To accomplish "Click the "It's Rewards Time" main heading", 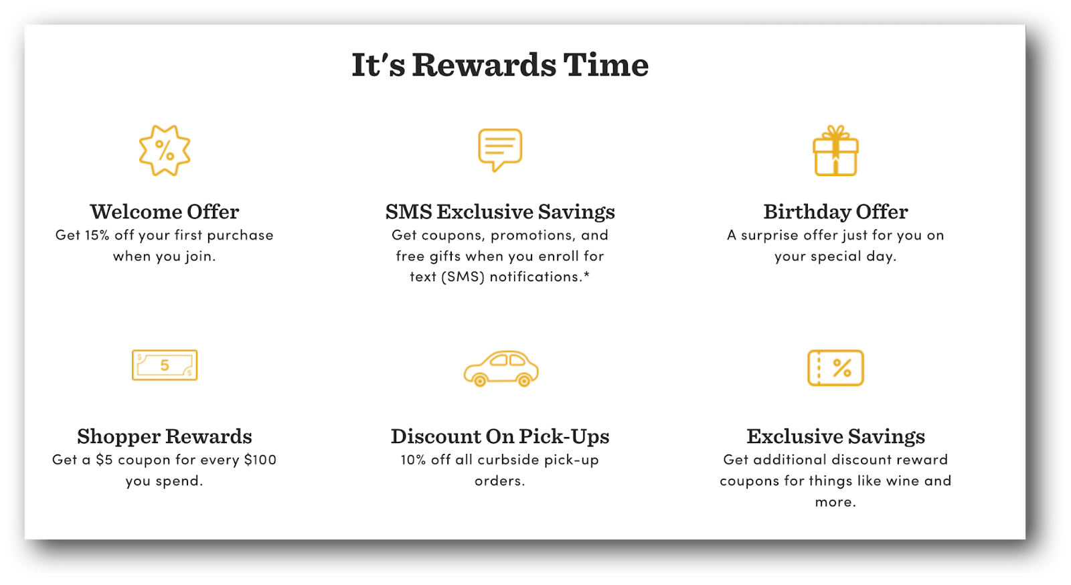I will coord(500,65).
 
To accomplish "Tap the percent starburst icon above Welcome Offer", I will coord(165,151).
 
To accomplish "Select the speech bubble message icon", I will coord(500,149).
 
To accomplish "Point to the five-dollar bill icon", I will coord(165,365).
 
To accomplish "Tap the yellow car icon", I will coord(501,368).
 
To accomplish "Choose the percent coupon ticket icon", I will coord(835,367).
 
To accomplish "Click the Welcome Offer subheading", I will coord(165,212).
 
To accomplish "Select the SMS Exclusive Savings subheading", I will coord(500,212).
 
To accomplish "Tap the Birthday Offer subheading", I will coord(835,212).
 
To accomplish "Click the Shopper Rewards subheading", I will coord(165,436).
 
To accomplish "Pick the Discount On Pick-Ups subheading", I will coord(500,436).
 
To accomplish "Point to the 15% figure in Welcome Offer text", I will coord(97,235).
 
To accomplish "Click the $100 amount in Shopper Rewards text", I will coord(260,460).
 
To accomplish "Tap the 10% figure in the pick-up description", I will coord(413,460).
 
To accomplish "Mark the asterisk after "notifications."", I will coord(587,274).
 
